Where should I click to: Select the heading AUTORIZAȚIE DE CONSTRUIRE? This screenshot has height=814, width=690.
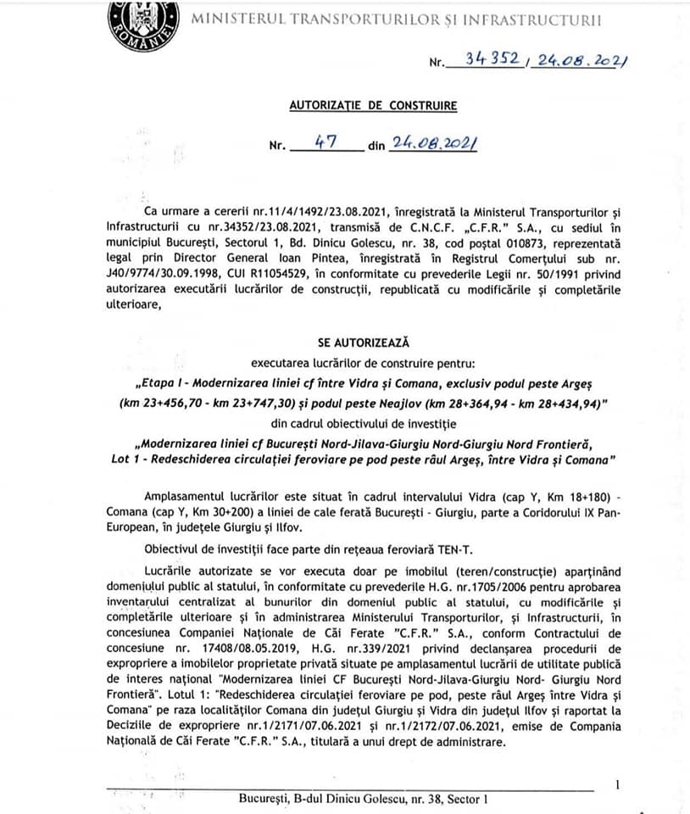373,106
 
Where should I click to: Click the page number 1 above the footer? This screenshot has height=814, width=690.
618,784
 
